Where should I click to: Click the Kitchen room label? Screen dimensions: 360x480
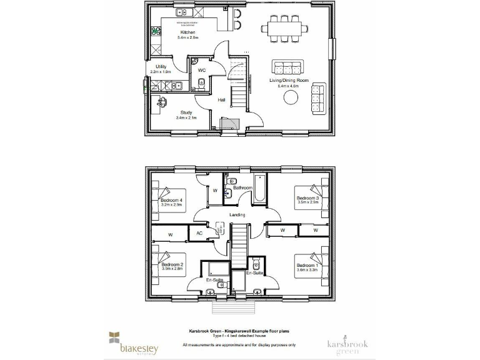pos(188,32)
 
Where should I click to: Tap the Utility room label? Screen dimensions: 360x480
pos(161,66)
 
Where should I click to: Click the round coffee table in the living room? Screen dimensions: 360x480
pos(291,99)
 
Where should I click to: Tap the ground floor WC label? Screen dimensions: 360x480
pos(202,70)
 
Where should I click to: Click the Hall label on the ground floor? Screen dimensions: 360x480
pos(221,99)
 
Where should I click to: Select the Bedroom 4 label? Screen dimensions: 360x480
pos(172,199)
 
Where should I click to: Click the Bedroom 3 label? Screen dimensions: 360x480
pos(307,198)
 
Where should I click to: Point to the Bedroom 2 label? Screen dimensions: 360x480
pos(172,265)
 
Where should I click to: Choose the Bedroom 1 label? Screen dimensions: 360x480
pos(307,265)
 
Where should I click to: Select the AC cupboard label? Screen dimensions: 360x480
pos(199,233)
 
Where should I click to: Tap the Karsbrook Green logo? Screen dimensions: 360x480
pos(344,346)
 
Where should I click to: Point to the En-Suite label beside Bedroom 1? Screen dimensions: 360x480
pos(254,273)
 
